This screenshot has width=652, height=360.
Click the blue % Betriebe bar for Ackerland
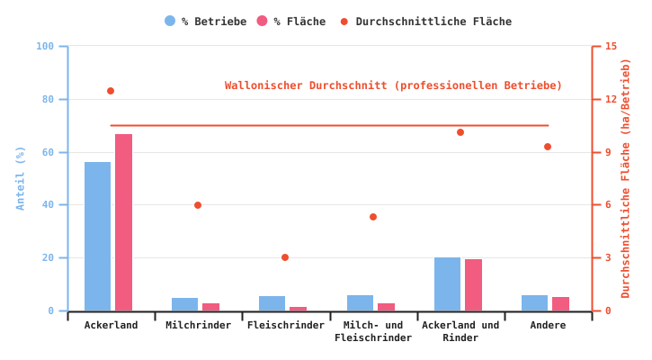(x=97, y=237)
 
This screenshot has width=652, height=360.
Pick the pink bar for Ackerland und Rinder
(x=473, y=285)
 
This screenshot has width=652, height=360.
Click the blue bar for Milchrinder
(x=184, y=304)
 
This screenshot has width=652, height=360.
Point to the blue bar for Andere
(x=534, y=303)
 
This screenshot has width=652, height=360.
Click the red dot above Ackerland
(x=111, y=91)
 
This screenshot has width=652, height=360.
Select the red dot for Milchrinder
(x=198, y=205)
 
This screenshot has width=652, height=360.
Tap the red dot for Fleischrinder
(x=285, y=257)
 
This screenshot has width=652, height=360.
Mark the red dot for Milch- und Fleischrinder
(x=373, y=217)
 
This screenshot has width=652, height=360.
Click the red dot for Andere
(x=548, y=147)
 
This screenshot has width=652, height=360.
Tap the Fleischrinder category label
(x=286, y=325)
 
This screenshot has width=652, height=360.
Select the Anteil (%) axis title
(x=21, y=178)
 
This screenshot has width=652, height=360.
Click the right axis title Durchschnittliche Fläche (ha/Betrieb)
(x=626, y=178)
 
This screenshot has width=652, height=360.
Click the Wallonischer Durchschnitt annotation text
(x=393, y=85)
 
